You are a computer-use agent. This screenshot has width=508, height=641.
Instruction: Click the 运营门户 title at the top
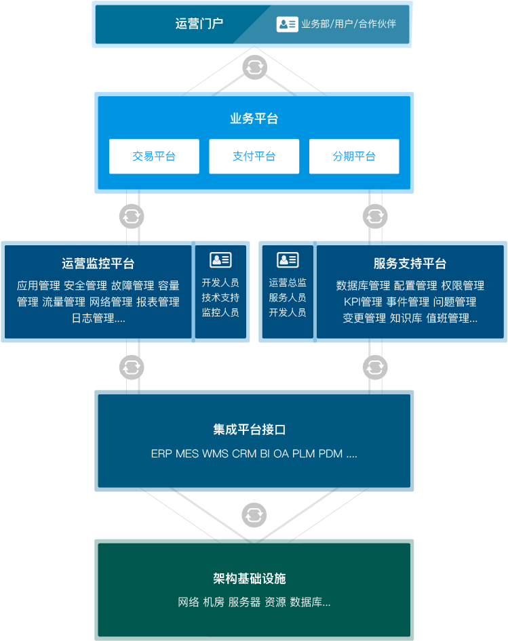[199, 24]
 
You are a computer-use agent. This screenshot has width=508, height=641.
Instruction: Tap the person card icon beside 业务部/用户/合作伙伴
[287, 24]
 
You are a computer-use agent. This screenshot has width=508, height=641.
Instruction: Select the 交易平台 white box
[154, 157]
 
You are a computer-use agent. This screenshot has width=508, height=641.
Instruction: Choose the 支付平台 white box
[254, 157]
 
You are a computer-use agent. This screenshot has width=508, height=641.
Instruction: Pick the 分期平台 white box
[354, 157]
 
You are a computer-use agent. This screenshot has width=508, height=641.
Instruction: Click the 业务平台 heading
[254, 119]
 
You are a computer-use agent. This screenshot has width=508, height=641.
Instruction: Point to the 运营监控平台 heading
[98, 264]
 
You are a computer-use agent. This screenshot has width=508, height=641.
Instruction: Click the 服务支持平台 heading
[410, 264]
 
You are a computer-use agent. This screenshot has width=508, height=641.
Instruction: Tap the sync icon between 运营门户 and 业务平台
[254, 67]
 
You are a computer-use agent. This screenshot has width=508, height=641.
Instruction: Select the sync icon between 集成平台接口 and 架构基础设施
[254, 513]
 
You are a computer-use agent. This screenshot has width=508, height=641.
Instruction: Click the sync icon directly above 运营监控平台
[132, 217]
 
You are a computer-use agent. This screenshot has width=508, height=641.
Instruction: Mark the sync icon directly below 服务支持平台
[375, 368]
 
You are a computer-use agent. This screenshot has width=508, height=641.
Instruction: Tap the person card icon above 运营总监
[288, 260]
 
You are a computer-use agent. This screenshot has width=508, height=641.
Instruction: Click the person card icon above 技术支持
[220, 260]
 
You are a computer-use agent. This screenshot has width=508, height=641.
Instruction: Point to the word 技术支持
[220, 297]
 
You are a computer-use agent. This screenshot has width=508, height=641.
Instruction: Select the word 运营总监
[288, 283]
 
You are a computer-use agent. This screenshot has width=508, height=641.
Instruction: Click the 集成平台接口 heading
[254, 430]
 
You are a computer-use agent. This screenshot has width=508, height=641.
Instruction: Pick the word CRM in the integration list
[244, 453]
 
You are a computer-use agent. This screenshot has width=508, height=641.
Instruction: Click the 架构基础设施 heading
[254, 579]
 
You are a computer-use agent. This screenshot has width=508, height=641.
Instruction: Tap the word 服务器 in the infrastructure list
[244, 602]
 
